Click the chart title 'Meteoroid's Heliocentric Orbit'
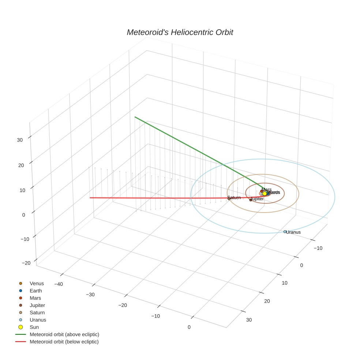tap(180, 33)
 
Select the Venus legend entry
tap(37, 284)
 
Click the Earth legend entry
tap(36, 291)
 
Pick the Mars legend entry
tap(35, 298)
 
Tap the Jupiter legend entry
tap(37, 305)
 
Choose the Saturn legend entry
tap(37, 312)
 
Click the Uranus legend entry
tap(38, 320)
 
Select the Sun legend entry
tap(34, 327)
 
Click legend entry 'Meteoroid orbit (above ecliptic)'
tap(64, 334)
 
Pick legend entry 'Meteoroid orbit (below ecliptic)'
tap(64, 342)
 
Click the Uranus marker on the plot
tap(285, 232)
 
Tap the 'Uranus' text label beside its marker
tap(293, 232)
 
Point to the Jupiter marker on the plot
tap(251, 200)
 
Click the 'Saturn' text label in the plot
tap(234, 198)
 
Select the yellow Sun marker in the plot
tap(265, 194)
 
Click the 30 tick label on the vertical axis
tap(20, 140)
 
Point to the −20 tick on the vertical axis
tap(26, 263)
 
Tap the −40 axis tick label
tap(59, 284)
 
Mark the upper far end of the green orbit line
tap(135, 117)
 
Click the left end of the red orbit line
tap(90, 198)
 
